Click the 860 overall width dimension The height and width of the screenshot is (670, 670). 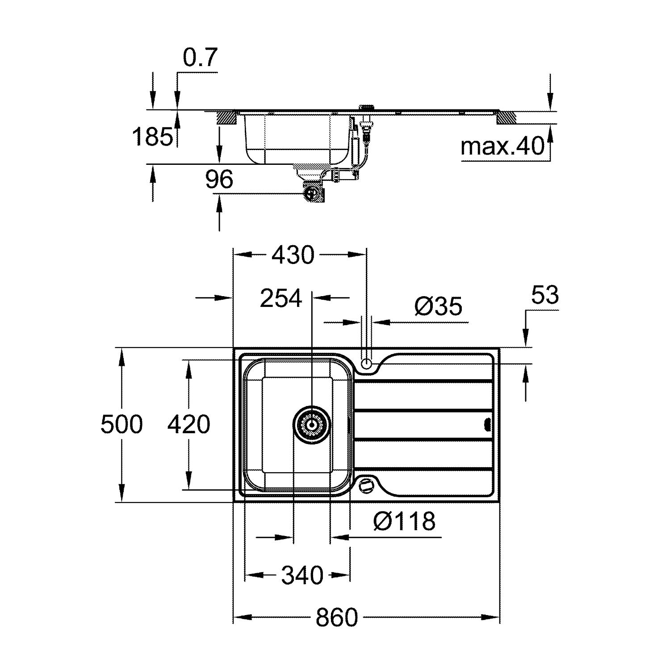(337, 618)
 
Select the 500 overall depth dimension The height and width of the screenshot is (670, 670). (121, 424)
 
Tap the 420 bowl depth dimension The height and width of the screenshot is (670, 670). (188, 424)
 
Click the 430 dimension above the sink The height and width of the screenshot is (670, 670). (293, 255)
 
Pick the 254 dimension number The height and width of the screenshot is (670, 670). (281, 299)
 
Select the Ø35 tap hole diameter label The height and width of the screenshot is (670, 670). (438, 306)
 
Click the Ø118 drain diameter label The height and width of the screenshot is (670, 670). (404, 521)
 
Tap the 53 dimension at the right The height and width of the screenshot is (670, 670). (545, 295)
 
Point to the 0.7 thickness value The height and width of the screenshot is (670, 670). (200, 58)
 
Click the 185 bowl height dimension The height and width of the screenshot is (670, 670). (152, 137)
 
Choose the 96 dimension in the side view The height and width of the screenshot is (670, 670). (219, 180)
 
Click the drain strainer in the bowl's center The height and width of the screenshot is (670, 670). (312, 422)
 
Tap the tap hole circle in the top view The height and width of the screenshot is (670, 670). (366, 363)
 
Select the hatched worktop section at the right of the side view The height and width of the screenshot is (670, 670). (507, 117)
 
